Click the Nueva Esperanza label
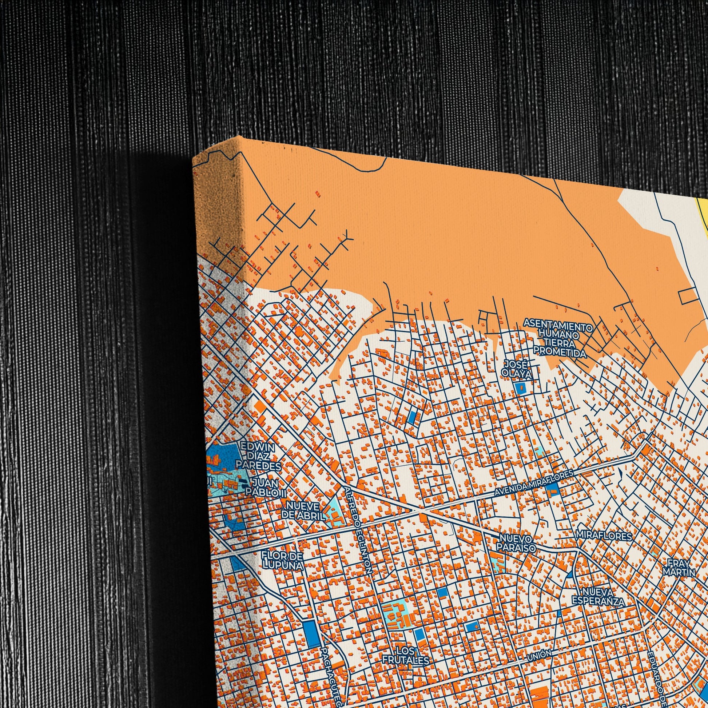[x=598, y=597]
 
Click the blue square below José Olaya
[x=520, y=388]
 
